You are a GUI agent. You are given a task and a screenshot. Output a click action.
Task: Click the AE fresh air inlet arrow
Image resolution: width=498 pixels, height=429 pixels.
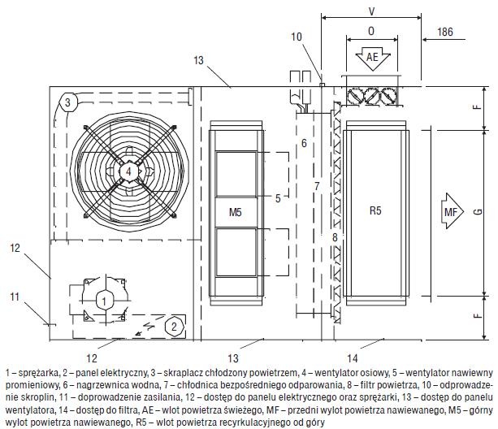pos(373,58)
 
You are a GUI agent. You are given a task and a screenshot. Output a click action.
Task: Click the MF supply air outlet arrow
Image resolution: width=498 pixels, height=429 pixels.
pos(452,211)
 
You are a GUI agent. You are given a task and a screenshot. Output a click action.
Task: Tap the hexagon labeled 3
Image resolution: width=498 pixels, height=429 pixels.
pos(67,102)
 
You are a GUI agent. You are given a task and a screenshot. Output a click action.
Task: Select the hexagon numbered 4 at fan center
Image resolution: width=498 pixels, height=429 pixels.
pos(128,171)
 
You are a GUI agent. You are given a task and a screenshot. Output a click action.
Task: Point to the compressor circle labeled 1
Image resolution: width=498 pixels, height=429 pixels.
pos(103,301)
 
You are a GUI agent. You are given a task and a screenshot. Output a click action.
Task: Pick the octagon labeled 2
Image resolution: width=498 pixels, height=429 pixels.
pos(174,326)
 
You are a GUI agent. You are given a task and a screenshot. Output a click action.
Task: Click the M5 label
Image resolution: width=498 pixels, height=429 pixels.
pos(236,212)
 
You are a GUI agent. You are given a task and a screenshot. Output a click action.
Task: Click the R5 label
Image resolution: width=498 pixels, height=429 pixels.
pos(375,210)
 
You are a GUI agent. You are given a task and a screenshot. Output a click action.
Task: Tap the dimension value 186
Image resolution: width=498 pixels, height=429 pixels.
pos(445,32)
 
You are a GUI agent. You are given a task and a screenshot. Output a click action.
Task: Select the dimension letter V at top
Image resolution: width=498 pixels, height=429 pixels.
pos(371,11)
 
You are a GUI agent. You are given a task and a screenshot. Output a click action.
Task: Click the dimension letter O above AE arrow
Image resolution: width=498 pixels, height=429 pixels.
pos(371,31)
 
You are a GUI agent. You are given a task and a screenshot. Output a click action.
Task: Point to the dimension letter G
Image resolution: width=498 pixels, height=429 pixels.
pos(479,211)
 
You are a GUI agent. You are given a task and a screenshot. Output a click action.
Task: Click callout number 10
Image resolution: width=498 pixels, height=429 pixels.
pos(297,37)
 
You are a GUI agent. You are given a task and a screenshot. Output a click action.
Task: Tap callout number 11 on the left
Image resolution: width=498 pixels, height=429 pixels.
pos(15,297)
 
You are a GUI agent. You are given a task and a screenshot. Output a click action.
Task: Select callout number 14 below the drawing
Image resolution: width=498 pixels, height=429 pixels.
pos(353,358)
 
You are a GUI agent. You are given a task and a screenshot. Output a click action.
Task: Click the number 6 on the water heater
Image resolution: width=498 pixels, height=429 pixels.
pos(304,143)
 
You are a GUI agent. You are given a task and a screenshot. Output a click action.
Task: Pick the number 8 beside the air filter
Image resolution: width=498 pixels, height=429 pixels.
pos(335,237)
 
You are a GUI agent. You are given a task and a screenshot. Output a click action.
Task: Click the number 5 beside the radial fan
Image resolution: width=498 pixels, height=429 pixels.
pos(278,198)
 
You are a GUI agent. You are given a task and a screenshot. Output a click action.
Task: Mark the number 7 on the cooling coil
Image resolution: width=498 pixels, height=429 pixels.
pos(317,186)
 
